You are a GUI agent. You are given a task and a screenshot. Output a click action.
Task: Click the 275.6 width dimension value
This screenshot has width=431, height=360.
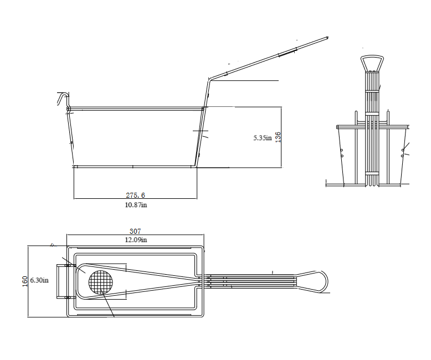[136, 195]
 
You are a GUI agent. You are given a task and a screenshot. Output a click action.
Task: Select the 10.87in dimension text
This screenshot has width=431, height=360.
[136, 205]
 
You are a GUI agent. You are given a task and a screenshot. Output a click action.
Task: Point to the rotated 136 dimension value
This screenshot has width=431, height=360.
[278, 137]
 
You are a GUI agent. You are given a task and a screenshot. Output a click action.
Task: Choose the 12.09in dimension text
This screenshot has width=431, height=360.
[136, 239]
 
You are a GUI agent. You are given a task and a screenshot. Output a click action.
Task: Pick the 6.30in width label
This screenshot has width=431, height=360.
[39, 281]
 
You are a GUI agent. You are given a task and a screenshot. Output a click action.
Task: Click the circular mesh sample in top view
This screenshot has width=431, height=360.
[101, 282]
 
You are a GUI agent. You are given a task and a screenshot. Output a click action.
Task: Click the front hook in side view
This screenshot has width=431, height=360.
[61, 98]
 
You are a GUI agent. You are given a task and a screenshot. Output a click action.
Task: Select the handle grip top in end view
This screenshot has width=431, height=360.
[372, 60]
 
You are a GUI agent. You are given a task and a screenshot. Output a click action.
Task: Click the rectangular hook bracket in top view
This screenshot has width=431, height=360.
[62, 281]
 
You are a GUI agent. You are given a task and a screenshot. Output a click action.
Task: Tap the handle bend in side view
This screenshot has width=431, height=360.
[208, 78]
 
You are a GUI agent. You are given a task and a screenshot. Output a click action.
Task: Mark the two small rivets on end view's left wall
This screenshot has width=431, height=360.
[342, 153]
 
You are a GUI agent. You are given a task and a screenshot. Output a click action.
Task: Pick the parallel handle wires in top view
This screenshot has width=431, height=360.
[249, 280]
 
